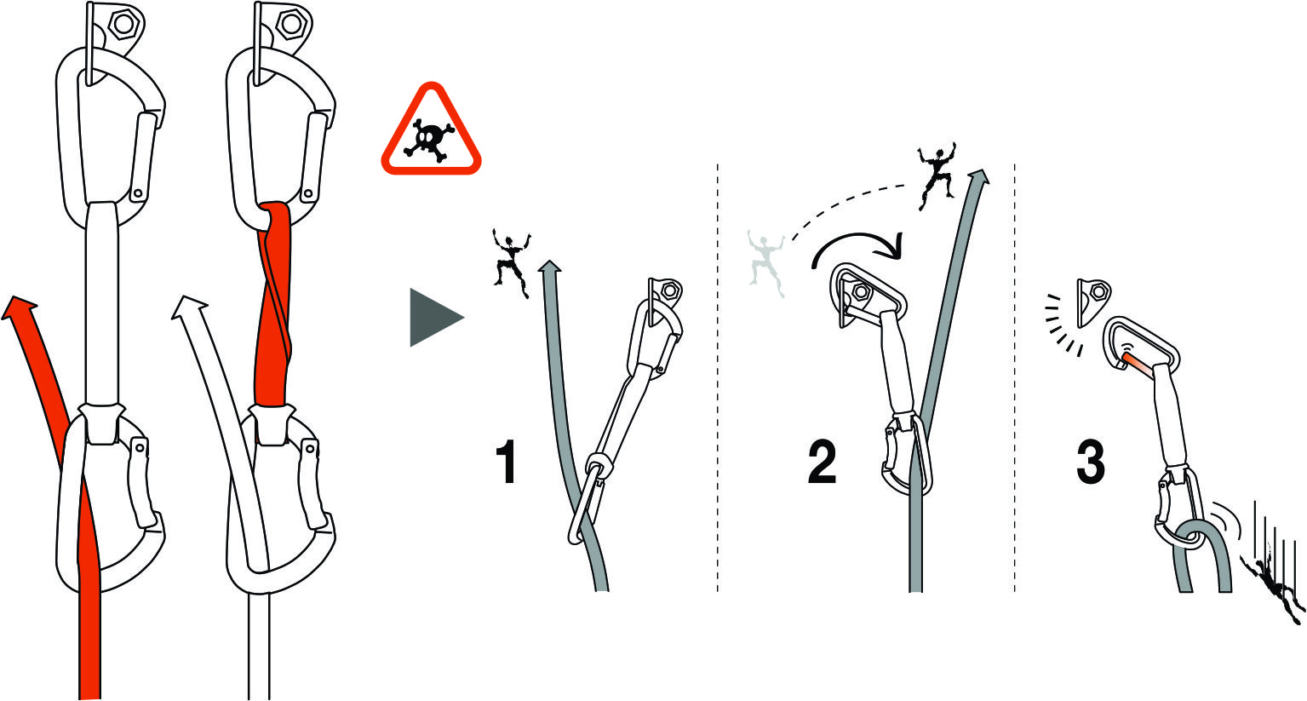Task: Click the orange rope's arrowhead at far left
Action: tap(20, 307)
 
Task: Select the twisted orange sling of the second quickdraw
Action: tap(273, 303)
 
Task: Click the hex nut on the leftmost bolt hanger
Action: tap(123, 24)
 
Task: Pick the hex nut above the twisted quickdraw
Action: tap(290, 24)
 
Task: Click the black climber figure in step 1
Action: tap(512, 262)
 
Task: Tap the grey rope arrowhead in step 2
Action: tap(980, 176)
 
